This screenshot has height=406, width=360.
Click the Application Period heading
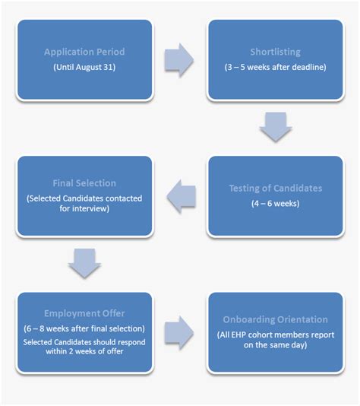coord(84,52)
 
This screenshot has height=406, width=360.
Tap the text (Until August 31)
coord(84,67)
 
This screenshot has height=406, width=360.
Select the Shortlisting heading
coord(275,52)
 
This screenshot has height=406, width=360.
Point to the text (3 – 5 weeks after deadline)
coord(276,67)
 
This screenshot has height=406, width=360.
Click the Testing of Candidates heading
coord(275,189)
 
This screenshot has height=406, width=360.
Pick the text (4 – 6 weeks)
coord(275,204)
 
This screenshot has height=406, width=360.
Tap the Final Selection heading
coord(84,183)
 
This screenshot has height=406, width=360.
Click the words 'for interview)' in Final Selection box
coord(84,209)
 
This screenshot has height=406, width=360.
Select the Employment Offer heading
coord(84,313)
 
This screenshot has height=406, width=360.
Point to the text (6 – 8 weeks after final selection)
coord(84,328)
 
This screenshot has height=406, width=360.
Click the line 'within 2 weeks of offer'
coord(84,353)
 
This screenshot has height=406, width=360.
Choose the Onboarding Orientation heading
coord(276,320)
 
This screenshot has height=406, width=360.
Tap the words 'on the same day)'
coord(276,345)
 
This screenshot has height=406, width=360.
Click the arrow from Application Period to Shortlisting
coord(179,60)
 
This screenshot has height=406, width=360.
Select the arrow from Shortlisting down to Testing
coord(275,127)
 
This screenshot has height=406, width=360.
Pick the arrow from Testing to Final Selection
coord(180,197)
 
